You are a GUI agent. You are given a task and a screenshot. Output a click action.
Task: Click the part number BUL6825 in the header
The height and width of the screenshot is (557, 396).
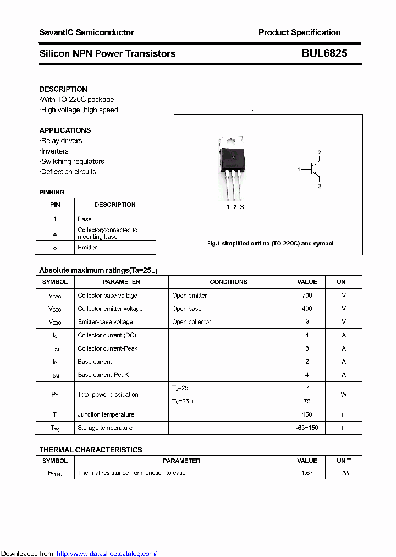[x=324, y=53]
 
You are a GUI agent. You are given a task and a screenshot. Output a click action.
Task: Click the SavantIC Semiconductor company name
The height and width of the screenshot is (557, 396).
[x=86, y=32]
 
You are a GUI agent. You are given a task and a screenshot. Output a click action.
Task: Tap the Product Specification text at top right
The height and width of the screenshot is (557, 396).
[x=299, y=32]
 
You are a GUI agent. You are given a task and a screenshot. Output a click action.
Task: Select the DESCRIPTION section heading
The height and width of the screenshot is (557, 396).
[x=63, y=89]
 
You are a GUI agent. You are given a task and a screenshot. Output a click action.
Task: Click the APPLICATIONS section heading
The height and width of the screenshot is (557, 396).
[x=65, y=130]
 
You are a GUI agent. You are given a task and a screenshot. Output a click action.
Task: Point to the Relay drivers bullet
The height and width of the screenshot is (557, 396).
[x=62, y=141]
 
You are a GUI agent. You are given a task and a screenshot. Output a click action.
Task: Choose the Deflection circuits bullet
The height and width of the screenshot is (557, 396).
[x=68, y=172]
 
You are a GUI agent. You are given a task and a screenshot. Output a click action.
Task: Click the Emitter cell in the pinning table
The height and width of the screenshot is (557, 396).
[x=87, y=248]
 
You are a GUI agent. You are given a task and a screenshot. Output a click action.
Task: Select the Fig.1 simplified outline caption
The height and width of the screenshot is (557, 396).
[x=270, y=243]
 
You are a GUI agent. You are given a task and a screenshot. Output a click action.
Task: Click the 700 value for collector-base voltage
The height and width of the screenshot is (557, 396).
[x=307, y=296]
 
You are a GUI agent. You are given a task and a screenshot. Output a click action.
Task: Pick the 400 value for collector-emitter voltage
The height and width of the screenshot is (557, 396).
[x=307, y=309]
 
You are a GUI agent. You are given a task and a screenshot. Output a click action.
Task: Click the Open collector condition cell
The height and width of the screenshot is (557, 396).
[x=191, y=322]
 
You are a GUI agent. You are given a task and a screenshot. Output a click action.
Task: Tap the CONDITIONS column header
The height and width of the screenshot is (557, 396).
[x=228, y=282]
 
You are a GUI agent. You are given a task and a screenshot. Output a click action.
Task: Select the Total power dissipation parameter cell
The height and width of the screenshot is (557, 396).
[x=108, y=395]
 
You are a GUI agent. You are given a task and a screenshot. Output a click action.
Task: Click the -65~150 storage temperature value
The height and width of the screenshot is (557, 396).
[x=307, y=428]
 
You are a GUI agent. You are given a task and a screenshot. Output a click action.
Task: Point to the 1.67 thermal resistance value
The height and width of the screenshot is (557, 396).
[x=307, y=473]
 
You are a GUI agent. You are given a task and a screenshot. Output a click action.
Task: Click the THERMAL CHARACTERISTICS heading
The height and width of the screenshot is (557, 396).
[x=91, y=450]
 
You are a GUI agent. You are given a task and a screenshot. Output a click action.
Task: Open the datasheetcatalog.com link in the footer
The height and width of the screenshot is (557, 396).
[x=107, y=554]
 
